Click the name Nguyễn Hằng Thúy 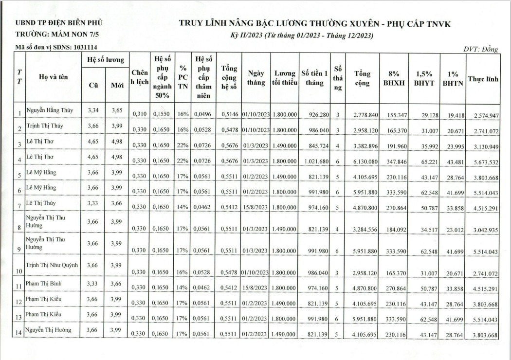[x=50, y=110]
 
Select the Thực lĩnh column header [x=483, y=79]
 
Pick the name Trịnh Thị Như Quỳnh [x=52, y=266]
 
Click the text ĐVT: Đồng [x=481, y=50]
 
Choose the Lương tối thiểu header [x=284, y=78]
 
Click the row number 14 [x=19, y=334]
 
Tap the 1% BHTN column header [x=453, y=79]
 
